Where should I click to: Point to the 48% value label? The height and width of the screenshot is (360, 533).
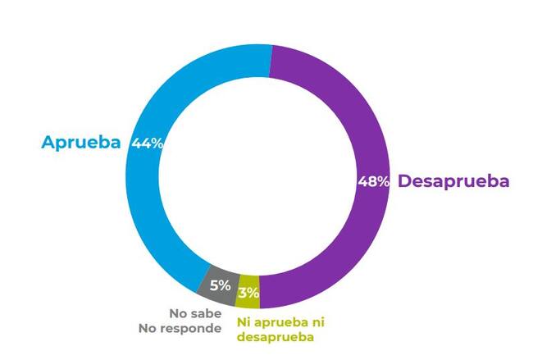(374, 182)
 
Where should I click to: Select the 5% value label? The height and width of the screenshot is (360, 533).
(220, 286)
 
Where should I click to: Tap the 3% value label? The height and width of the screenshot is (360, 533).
(249, 292)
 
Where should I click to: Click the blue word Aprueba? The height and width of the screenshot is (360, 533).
(81, 143)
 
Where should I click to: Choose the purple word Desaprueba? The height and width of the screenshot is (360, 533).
(453, 181)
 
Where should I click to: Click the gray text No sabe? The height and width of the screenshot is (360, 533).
(195, 312)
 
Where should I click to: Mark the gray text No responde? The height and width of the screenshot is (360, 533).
(180, 329)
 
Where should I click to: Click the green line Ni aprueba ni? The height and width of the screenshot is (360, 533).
(280, 322)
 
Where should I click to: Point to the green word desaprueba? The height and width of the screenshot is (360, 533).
(276, 336)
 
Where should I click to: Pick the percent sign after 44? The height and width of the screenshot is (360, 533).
(157, 143)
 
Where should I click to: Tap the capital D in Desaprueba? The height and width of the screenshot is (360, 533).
(404, 181)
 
